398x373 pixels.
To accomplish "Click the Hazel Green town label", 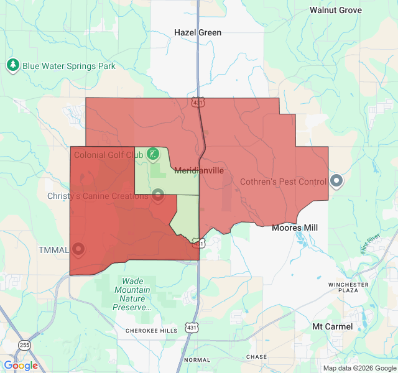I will pos(198,32).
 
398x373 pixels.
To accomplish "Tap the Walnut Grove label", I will pos(336,10).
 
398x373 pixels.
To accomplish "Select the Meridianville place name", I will pos(198,170).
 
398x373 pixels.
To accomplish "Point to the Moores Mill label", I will pos(295,228).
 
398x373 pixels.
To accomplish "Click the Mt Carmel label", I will pos(332,326).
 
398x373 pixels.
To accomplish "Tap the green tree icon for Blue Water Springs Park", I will pos(13,65).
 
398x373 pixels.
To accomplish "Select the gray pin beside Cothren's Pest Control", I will pos(336,181).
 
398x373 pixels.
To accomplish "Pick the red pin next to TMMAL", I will pos(78,249).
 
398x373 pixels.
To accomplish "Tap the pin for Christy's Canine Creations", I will pos(158,196).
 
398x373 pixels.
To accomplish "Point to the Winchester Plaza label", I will pos(348,288).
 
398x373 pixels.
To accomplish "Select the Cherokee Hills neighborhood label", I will pos(151,331).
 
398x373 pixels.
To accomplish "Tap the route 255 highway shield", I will pos(24,344).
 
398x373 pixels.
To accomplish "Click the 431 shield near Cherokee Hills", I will pos(190,328).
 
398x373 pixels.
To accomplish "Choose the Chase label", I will pos(256,357).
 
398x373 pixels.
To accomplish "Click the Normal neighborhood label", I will pos(197,360).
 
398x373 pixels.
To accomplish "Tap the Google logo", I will pos(21,366).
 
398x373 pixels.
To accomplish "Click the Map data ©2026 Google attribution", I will pos(359,368).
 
